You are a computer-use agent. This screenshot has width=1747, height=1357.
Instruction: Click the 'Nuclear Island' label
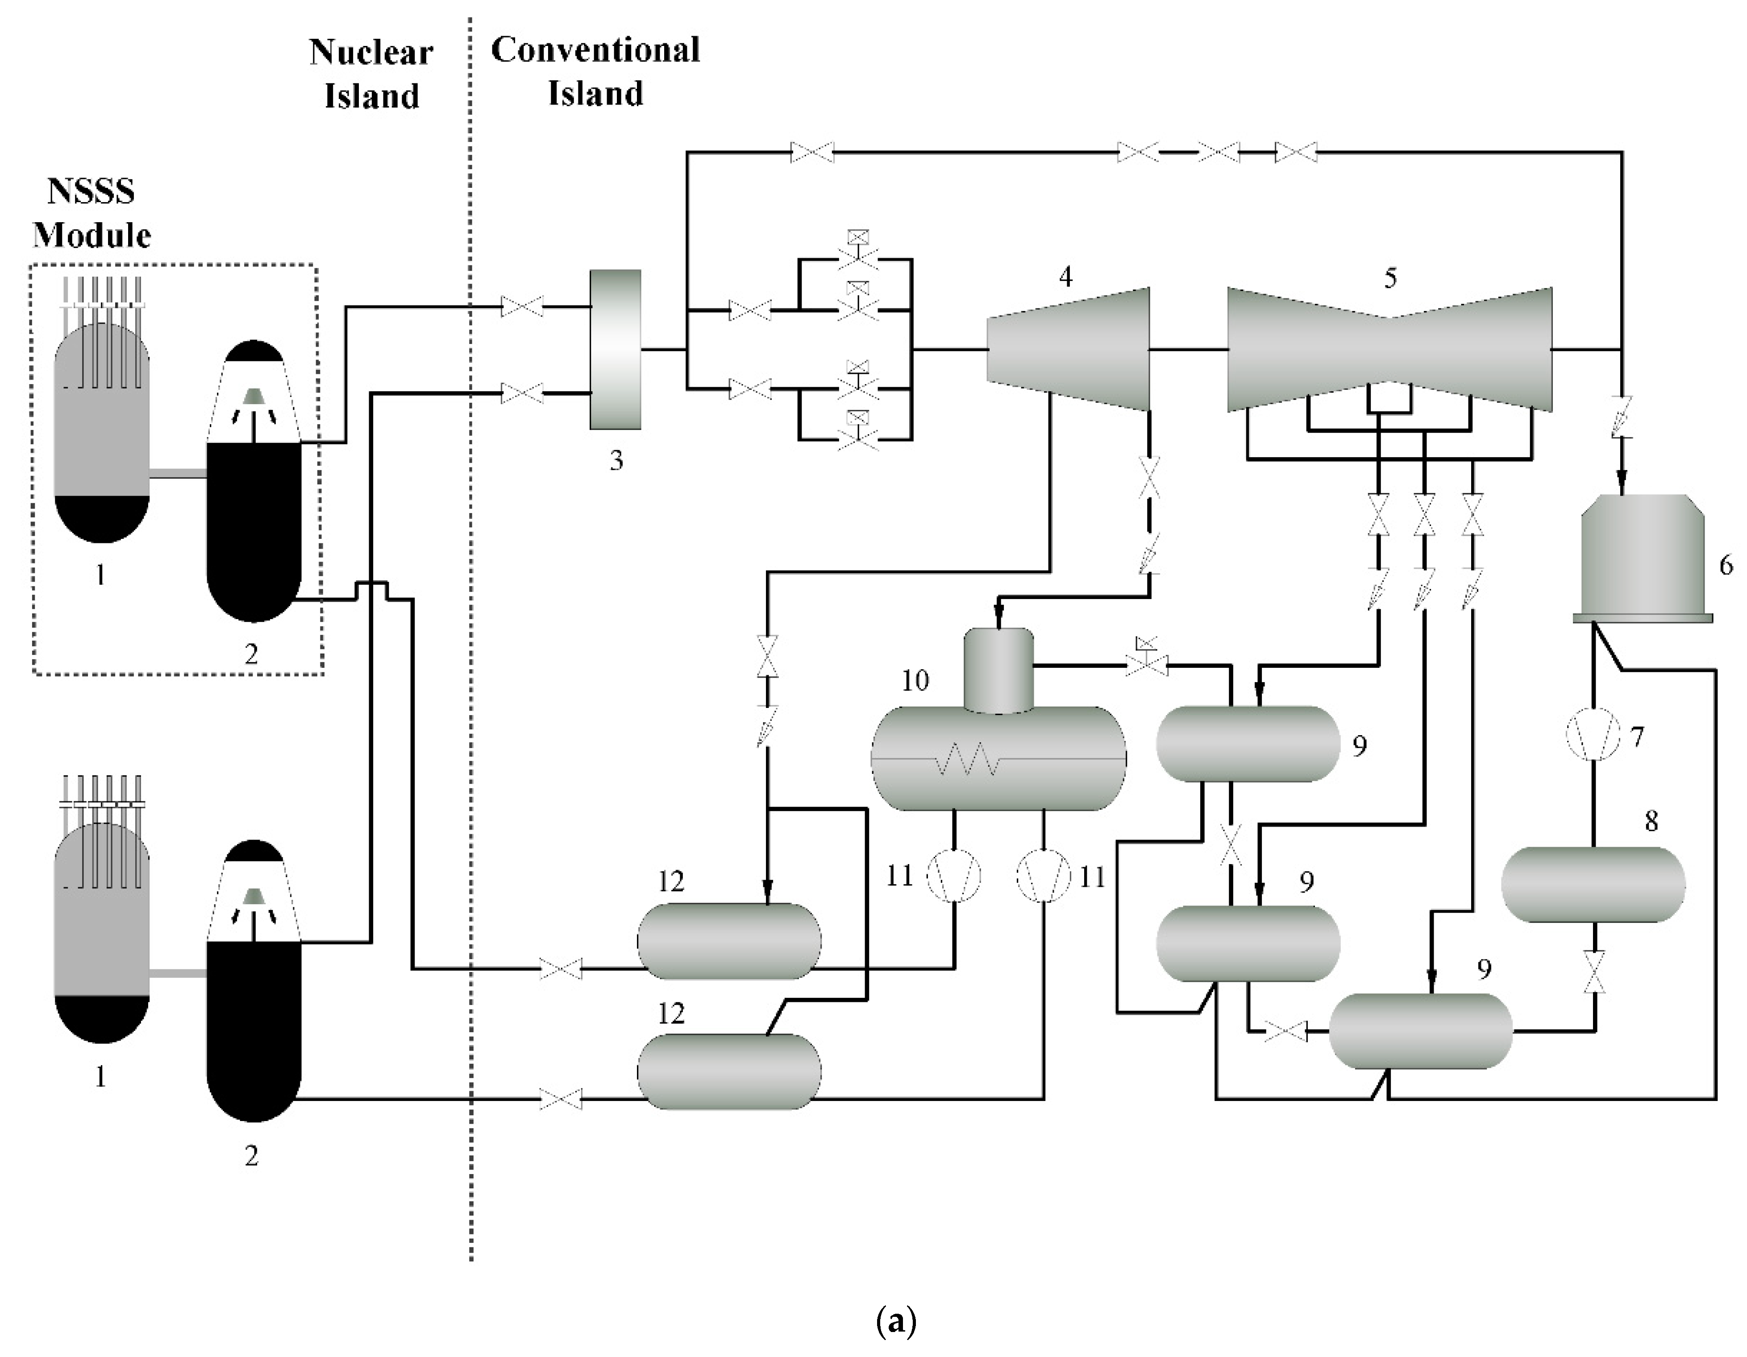371,74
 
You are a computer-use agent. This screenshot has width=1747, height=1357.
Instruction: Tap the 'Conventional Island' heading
595,72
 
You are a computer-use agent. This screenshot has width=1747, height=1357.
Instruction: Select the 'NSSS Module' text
91,214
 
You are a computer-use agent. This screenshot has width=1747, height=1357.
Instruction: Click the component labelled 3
615,349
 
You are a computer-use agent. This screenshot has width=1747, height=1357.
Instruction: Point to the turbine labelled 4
1068,349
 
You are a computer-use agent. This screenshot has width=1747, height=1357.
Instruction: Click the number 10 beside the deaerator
915,680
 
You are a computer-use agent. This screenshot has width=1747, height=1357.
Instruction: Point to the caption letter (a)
896,1321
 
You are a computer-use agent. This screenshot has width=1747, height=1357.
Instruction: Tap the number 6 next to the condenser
1726,565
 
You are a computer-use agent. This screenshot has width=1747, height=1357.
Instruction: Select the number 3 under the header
616,461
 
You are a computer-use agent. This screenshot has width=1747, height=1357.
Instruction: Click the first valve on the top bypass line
812,152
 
